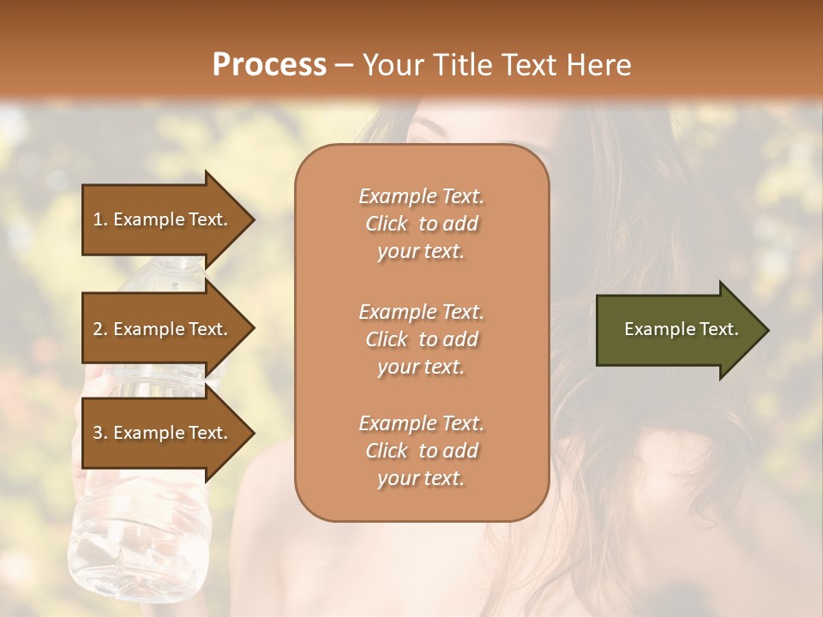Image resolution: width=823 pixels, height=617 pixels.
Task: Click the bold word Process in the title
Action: coord(269,65)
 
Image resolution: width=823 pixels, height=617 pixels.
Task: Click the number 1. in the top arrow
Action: coord(99,219)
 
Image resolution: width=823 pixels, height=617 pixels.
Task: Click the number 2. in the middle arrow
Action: coord(99,329)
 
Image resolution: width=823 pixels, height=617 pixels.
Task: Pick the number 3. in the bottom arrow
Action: coord(99,433)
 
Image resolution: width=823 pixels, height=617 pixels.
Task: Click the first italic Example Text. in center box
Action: coord(421,196)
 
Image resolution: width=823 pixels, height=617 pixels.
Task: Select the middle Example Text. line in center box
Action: coord(421,312)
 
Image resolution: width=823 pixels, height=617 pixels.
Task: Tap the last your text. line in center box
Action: coord(421,478)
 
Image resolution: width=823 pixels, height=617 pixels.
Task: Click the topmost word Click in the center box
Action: coord(387,224)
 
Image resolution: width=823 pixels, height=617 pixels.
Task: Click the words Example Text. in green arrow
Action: coord(682,329)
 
